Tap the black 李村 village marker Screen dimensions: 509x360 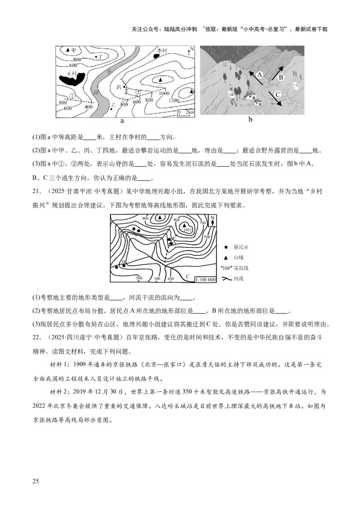[157, 56]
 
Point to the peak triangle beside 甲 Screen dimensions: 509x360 [68, 49]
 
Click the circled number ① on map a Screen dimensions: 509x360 [72, 96]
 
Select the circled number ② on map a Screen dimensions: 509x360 [138, 93]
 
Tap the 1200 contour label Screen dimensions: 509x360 [173, 101]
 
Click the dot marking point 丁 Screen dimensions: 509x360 [96, 57]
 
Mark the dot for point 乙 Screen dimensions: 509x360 [112, 109]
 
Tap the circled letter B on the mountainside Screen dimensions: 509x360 [280, 77]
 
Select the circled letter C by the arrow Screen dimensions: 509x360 [278, 94]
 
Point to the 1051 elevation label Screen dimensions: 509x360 [188, 230]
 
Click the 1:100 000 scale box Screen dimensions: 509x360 [205, 280]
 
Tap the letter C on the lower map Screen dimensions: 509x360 [187, 276]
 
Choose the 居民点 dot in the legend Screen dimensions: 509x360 [226, 247]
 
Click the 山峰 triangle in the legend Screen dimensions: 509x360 [226, 257]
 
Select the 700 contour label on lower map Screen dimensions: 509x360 [202, 223]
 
